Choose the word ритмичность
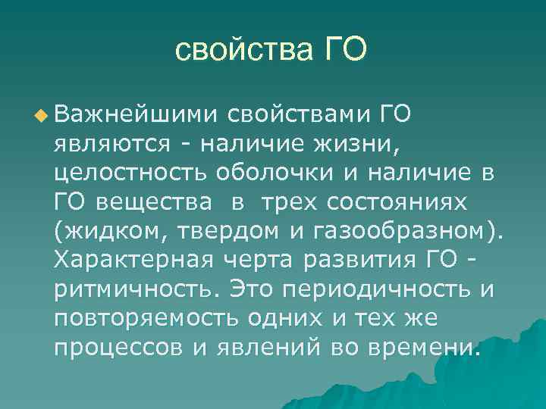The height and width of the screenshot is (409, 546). (137, 289)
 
